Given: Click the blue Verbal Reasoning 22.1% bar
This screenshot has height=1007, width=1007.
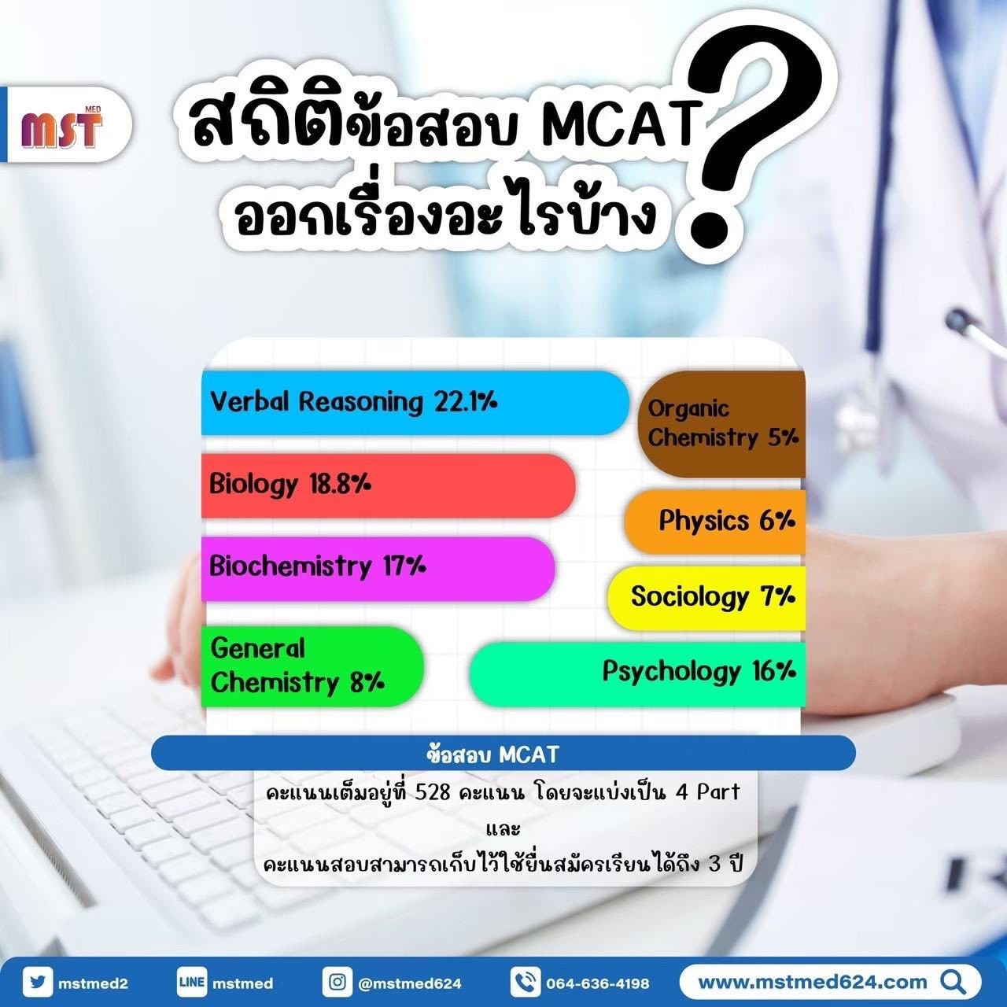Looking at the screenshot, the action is click(x=415, y=402).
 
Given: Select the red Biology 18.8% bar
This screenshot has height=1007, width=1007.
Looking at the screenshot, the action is click(x=389, y=485).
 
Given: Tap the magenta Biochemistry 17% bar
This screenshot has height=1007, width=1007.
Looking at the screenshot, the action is click(x=378, y=569).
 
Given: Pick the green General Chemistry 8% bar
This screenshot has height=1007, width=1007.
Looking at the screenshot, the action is click(x=312, y=666).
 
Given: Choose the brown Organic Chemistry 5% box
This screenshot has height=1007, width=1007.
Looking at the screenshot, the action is click(x=721, y=424).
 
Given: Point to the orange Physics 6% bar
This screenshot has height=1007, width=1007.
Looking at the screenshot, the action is click(x=715, y=522).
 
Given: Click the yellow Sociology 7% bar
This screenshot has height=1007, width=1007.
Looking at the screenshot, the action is click(x=706, y=598).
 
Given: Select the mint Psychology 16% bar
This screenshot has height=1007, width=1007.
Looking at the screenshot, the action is click(x=637, y=674).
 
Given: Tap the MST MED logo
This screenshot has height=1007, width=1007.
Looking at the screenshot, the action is click(x=61, y=127).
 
